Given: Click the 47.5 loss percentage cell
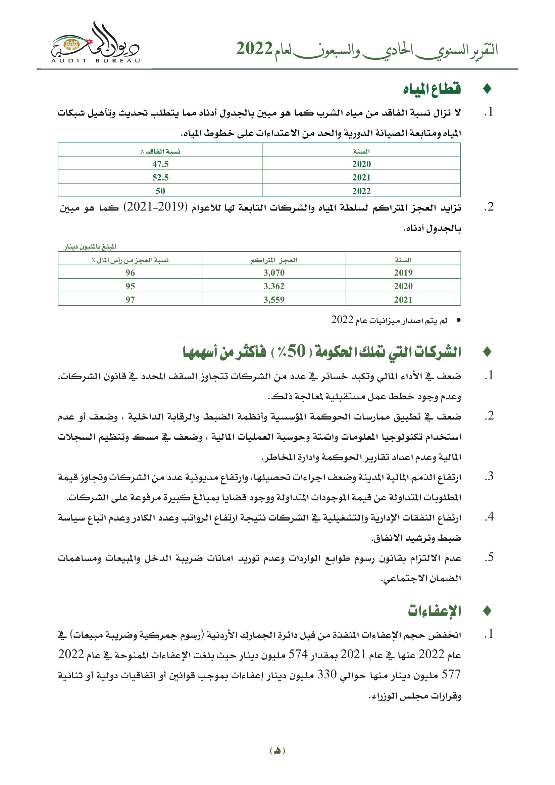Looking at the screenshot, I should (160, 164).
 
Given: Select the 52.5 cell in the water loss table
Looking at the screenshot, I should (160, 177).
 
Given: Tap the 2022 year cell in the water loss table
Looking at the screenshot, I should (361, 191).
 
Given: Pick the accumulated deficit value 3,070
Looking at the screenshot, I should (274, 273).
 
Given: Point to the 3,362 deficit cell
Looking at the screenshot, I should (274, 286).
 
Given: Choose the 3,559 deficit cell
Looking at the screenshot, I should (274, 299).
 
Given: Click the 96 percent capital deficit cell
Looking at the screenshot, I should (130, 273).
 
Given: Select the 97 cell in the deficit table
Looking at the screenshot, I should (130, 299).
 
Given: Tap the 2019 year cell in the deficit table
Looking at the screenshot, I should (403, 273).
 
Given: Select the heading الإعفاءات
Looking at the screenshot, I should (434, 610).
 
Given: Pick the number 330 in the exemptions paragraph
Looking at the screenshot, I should (327, 674).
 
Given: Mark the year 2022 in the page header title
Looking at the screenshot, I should (254, 49).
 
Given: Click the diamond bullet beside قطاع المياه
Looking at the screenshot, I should (487, 89).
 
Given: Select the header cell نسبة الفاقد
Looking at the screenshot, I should (160, 151).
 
